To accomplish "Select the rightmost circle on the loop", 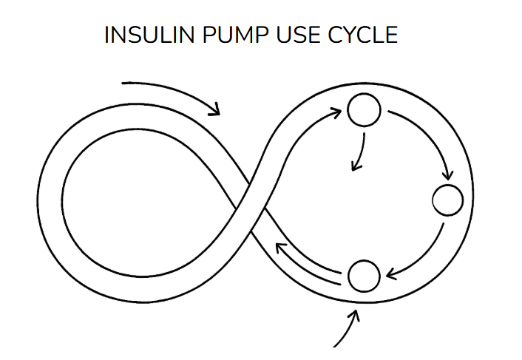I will click(x=447, y=200).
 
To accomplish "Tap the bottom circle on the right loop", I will click(x=362, y=276).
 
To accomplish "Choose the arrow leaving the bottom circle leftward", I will click(x=307, y=262).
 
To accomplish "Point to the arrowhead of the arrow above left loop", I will click(x=215, y=109).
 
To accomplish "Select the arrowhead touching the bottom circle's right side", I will click(x=390, y=275).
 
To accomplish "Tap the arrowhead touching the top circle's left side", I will click(x=336, y=112).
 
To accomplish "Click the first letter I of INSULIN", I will click(x=107, y=35).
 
